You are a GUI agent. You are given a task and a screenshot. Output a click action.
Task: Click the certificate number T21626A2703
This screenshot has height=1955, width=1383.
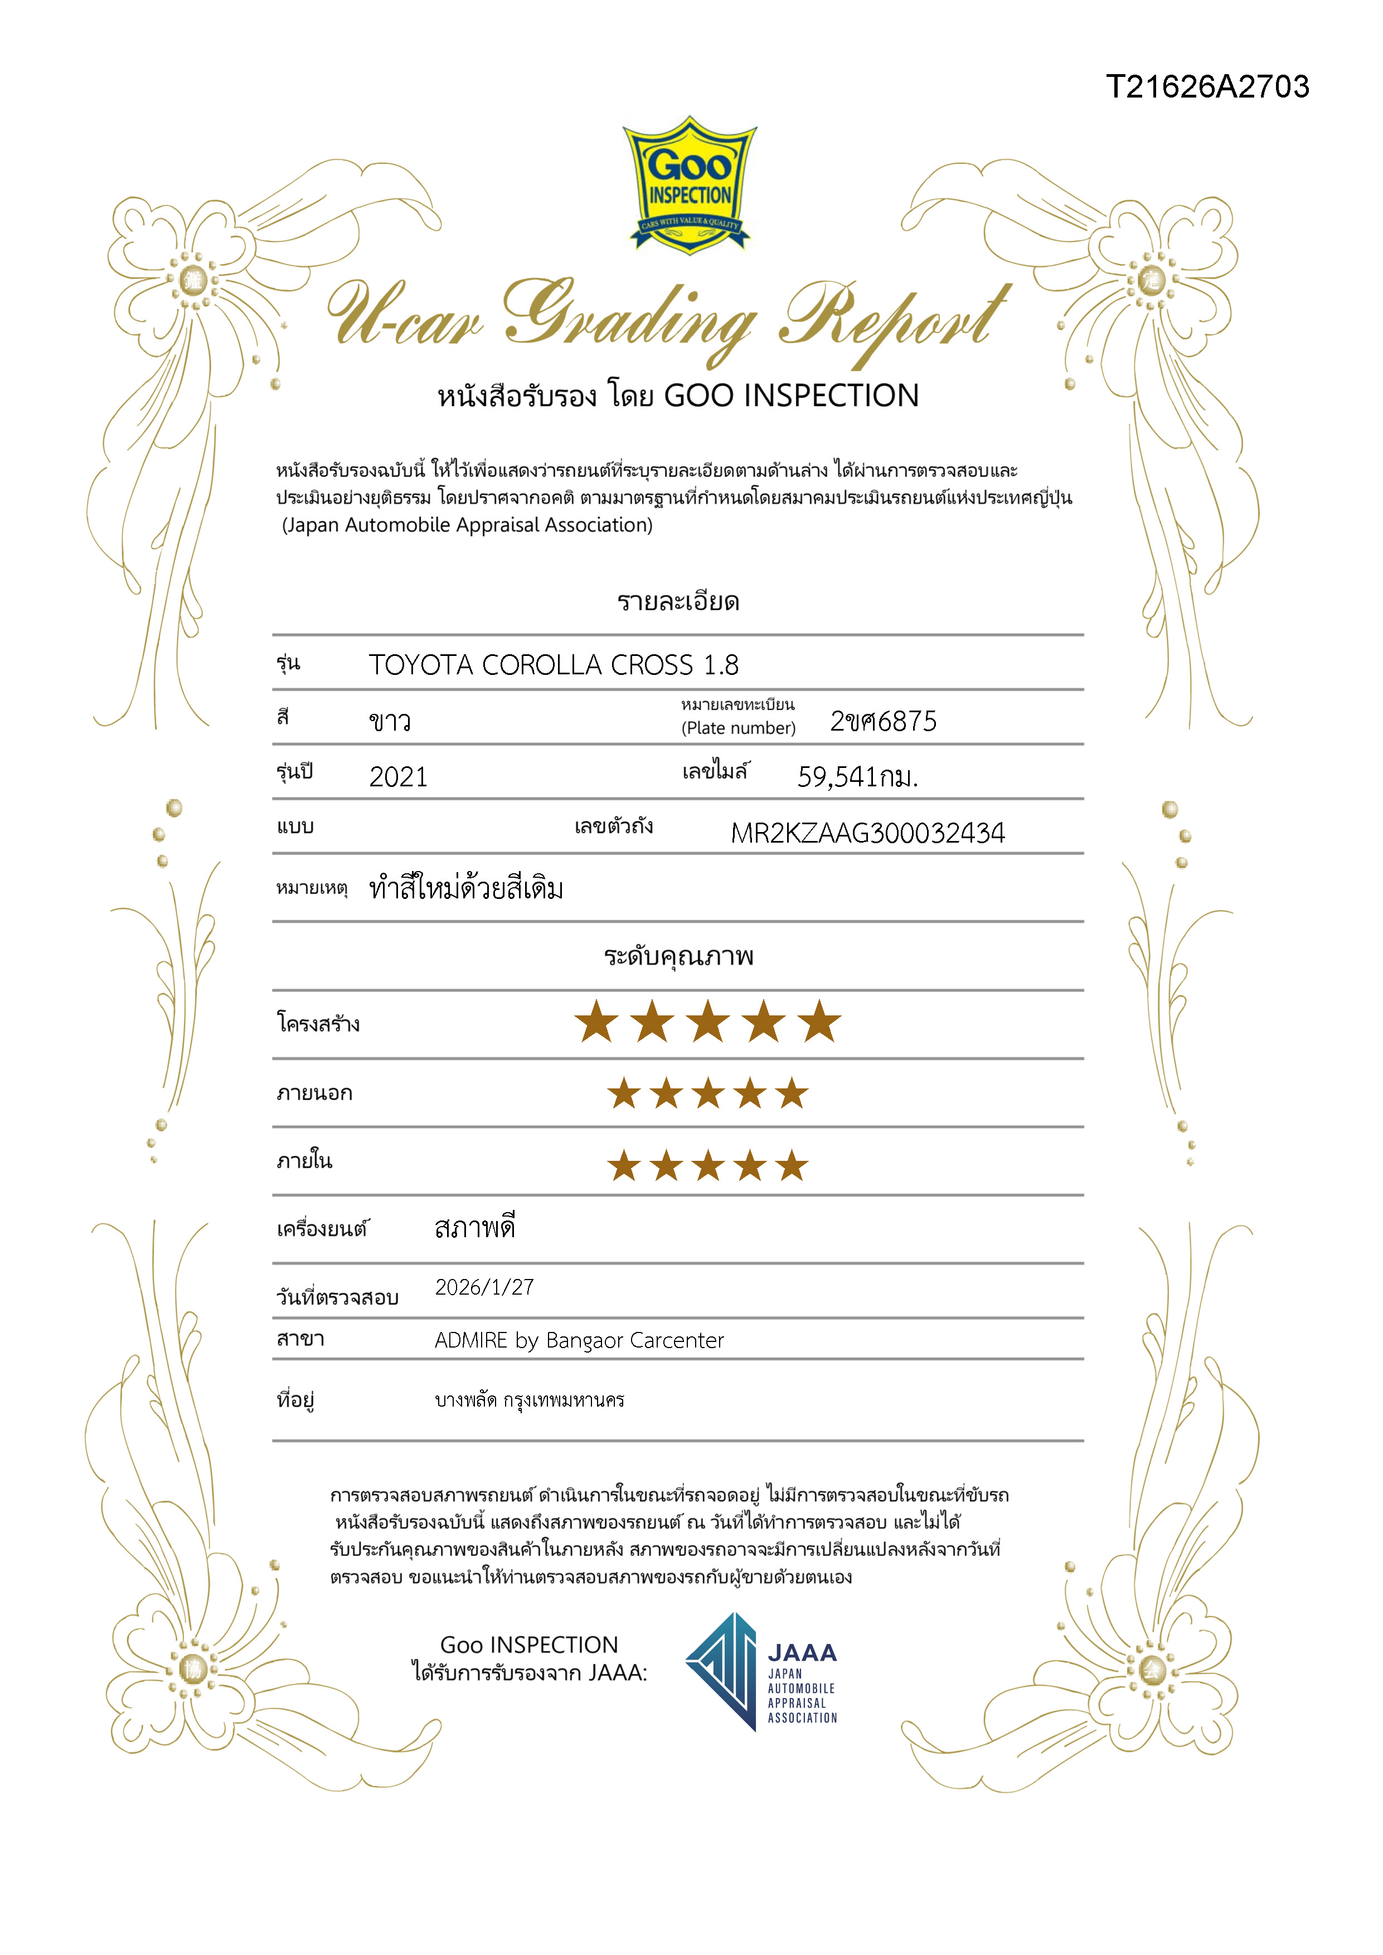pos(1207,87)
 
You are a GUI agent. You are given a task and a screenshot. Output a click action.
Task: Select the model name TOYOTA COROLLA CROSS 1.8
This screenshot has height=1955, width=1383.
pos(554,665)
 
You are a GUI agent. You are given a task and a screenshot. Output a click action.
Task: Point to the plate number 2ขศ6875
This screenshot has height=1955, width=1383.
pos(883,721)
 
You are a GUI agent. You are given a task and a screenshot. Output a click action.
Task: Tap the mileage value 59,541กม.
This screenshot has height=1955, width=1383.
pos(857,776)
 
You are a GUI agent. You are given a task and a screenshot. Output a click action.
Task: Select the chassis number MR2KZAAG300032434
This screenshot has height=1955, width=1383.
pos(868,832)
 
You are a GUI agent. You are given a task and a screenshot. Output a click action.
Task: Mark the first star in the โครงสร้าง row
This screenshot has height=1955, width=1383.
pos(596,1022)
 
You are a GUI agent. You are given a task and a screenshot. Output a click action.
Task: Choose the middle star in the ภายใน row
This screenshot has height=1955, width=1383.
pos(708,1166)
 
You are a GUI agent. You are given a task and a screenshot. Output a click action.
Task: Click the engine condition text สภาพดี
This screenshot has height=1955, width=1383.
pos(474,1228)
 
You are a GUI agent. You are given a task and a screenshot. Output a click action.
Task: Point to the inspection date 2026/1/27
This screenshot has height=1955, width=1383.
pos(484,1287)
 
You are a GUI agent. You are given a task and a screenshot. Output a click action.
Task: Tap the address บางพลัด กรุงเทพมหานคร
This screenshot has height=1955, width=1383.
pos(530,1400)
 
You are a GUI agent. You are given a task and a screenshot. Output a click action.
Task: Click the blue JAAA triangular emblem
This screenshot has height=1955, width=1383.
pos(722,1671)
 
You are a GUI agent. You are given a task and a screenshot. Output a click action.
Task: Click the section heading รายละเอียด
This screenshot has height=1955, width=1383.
pos(678,602)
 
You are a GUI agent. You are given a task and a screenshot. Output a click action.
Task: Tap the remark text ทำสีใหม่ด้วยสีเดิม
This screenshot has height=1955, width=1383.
pos(466,889)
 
